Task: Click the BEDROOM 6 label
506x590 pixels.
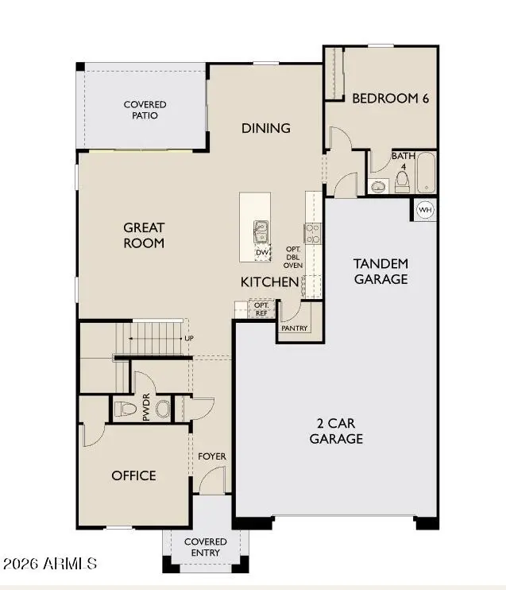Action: click(x=380, y=99)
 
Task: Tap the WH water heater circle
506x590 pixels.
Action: click(x=425, y=210)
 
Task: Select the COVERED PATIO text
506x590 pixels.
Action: click(x=145, y=110)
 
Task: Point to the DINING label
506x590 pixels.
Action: click(x=265, y=128)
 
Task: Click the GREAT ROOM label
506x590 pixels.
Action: click(x=144, y=235)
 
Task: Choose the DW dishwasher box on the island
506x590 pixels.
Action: click(x=262, y=253)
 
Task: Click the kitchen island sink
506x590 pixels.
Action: click(x=261, y=231)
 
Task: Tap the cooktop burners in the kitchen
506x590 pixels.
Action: click(x=313, y=233)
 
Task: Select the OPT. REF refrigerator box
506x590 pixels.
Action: click(x=261, y=309)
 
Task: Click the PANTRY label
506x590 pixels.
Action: click(x=292, y=328)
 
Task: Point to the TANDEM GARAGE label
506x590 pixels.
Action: click(x=380, y=271)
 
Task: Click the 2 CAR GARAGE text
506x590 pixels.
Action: click(x=336, y=431)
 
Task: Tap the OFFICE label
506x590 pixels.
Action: click(x=133, y=475)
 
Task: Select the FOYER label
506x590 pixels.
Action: click(x=212, y=456)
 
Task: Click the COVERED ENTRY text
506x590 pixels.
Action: click(x=206, y=547)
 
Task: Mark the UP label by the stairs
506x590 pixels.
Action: click(x=189, y=338)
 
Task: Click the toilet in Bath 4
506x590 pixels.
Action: click(x=402, y=182)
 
